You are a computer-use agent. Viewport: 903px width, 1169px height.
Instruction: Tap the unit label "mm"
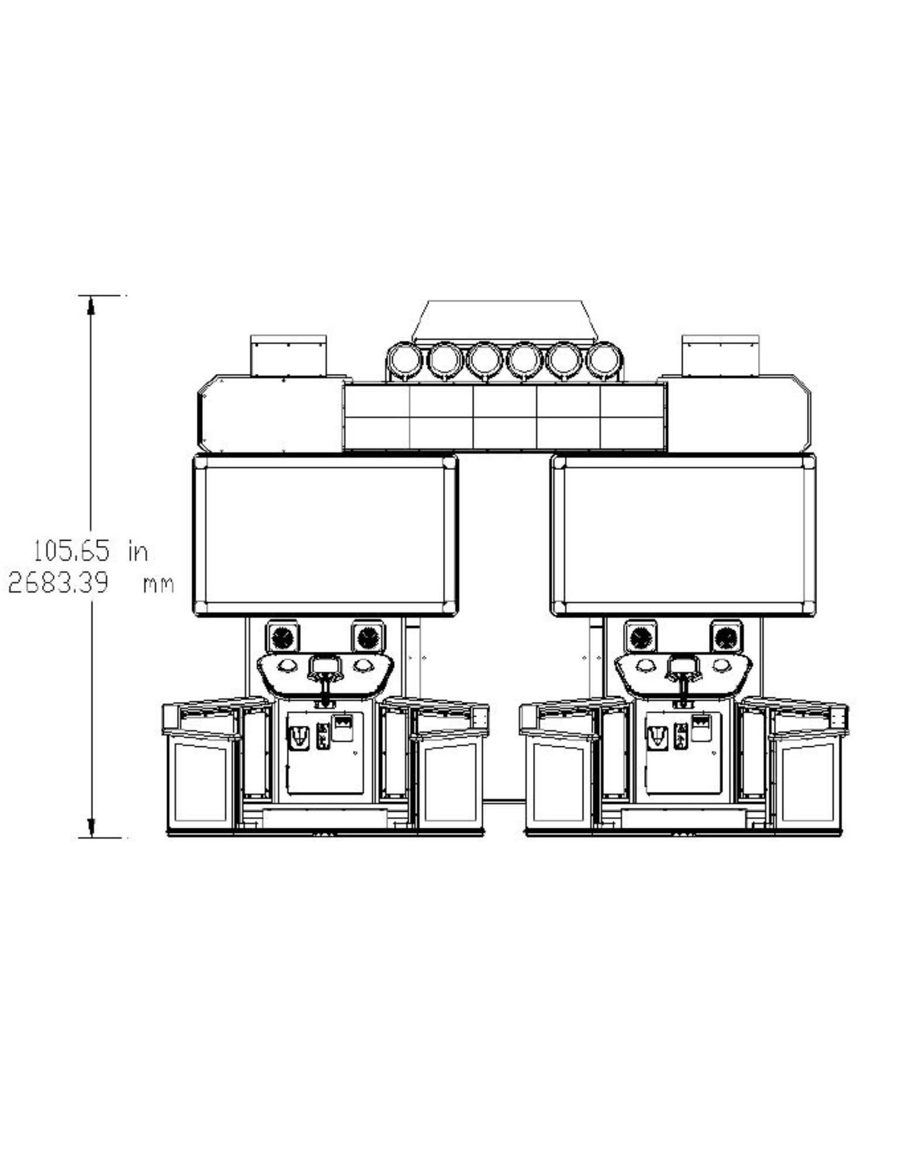pyautogui.click(x=158, y=584)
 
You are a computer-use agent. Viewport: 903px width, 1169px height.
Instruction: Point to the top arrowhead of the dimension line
pyautogui.click(x=91, y=305)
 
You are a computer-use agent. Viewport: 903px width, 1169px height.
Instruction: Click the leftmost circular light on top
pyautogui.click(x=403, y=361)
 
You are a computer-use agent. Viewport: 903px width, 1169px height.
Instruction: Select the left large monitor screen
pyautogui.click(x=325, y=536)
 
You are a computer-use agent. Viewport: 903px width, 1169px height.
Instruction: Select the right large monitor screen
pyautogui.click(x=683, y=536)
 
